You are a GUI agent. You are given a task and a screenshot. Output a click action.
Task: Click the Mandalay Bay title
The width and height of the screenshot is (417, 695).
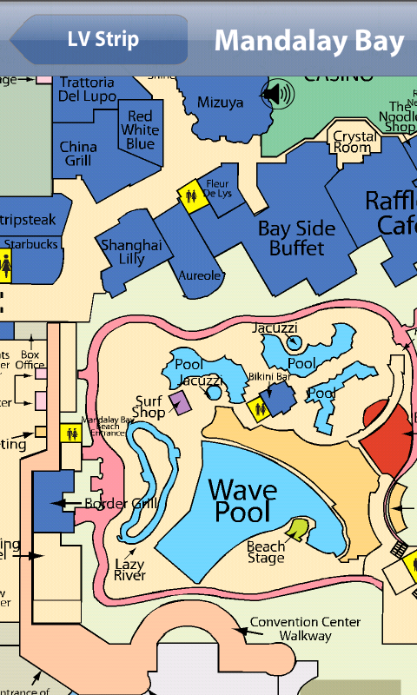(x=309, y=41)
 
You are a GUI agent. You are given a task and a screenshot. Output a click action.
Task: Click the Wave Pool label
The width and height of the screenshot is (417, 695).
(x=243, y=500)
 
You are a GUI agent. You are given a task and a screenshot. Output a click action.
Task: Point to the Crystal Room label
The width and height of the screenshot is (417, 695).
(x=354, y=142)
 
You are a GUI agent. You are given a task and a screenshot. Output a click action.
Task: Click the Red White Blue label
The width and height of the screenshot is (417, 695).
(x=140, y=130)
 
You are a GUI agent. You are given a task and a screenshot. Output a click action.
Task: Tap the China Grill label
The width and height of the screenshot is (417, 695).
(x=78, y=154)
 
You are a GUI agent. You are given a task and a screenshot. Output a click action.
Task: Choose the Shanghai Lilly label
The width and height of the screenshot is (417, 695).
(x=131, y=252)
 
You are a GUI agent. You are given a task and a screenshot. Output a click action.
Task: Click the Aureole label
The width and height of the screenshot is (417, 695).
(x=201, y=276)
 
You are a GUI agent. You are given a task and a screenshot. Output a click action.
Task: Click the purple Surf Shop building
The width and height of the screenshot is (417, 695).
(x=181, y=402)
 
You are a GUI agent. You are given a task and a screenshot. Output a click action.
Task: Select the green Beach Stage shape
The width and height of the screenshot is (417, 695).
(x=297, y=526)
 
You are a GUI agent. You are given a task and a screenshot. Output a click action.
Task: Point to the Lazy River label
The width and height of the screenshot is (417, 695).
(x=130, y=569)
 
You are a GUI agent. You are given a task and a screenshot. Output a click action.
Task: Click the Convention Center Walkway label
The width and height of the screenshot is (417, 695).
(x=291, y=629)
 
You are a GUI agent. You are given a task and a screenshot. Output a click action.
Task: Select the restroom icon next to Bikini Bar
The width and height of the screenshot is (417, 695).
(x=259, y=409)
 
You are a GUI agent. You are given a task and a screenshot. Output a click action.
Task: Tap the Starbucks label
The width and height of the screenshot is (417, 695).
(x=31, y=244)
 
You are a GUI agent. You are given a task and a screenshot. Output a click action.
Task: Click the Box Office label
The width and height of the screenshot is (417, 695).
(x=30, y=360)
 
